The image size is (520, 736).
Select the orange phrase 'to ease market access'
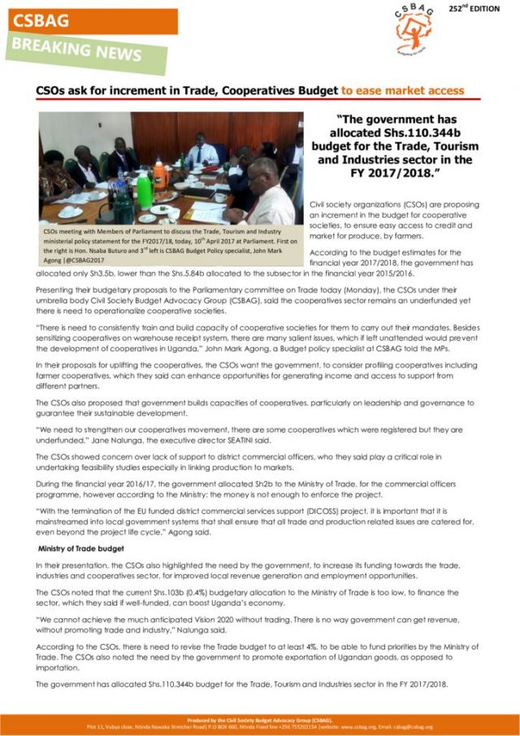[x=401, y=91]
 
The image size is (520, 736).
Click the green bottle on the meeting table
[x=144, y=190]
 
